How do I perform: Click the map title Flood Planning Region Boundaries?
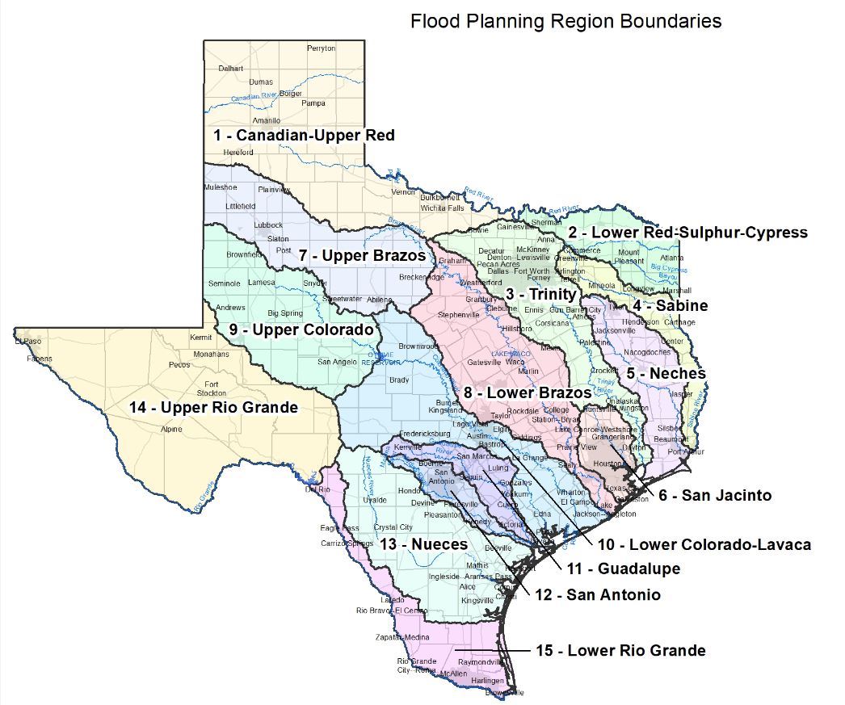[x=565, y=20]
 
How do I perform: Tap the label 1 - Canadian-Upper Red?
[x=304, y=135]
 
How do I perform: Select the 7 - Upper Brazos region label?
[x=361, y=255]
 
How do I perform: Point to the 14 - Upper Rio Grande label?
[x=213, y=407]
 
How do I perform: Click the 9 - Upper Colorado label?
[x=301, y=329]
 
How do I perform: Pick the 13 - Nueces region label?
[x=423, y=544]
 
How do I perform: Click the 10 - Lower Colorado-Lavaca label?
[x=704, y=544]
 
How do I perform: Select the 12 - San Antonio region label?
[x=597, y=594]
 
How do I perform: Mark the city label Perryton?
[x=321, y=48]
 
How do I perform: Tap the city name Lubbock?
[x=268, y=225]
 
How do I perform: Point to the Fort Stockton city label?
[x=212, y=388]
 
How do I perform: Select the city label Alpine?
[x=171, y=430]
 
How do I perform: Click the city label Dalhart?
[x=230, y=69]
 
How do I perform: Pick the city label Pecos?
[x=179, y=365]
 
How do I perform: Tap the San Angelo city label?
[x=337, y=362]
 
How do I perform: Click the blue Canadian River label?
[x=254, y=97]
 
